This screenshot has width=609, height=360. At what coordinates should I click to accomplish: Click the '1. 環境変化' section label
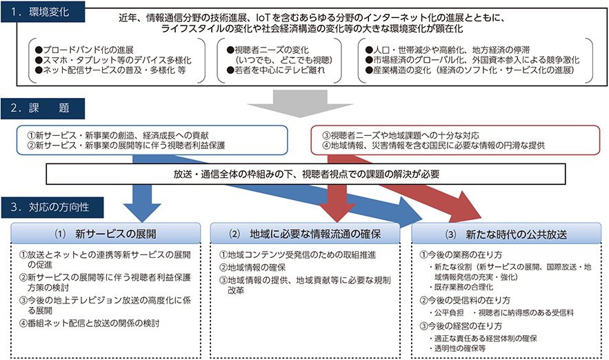(x=43, y=12)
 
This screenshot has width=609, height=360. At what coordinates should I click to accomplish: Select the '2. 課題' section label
(x=43, y=108)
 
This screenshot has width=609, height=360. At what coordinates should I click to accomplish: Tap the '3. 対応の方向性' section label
(x=52, y=208)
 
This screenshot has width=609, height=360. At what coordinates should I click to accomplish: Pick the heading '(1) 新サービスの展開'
(x=106, y=234)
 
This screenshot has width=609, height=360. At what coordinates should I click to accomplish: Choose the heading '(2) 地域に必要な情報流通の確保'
(x=305, y=234)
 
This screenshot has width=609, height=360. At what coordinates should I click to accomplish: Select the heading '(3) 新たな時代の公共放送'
(x=506, y=234)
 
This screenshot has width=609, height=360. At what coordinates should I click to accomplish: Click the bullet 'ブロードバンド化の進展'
(x=84, y=50)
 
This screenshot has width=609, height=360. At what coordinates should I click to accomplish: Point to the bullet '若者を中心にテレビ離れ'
(x=276, y=70)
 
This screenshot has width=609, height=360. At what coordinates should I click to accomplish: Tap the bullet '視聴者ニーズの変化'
(x=268, y=50)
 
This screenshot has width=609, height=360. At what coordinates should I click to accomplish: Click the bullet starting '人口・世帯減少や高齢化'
(x=448, y=50)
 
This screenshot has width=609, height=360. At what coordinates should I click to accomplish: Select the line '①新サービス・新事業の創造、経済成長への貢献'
(x=118, y=135)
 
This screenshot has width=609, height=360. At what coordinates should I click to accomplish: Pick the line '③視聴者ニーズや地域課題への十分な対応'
(x=401, y=135)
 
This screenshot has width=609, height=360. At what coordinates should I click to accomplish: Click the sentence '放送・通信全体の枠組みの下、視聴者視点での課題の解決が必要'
(x=306, y=174)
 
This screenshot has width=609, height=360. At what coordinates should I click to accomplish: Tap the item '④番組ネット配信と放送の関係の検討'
(x=90, y=323)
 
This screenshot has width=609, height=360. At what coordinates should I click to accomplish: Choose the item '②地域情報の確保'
(x=252, y=267)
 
